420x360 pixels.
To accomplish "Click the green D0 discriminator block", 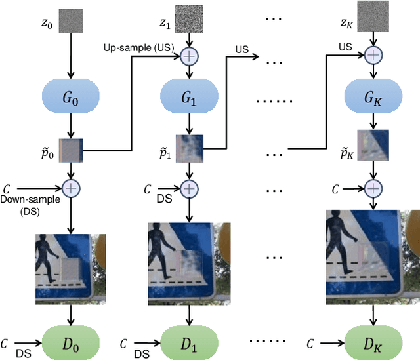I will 71,342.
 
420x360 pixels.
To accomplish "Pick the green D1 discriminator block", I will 189,342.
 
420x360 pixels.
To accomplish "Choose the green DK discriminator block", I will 373,342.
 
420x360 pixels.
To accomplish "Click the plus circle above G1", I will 189,57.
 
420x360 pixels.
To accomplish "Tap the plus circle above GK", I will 373,57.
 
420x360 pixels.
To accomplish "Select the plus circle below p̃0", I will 71,188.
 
